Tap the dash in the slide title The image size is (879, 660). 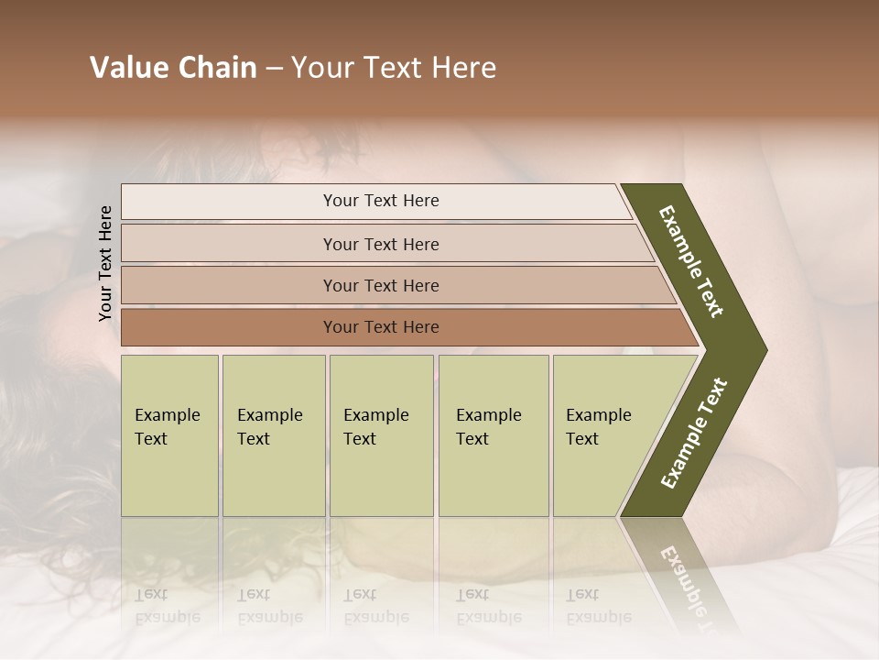(x=274, y=69)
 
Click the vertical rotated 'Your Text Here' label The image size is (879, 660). (x=105, y=263)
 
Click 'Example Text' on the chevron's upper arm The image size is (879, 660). (x=691, y=261)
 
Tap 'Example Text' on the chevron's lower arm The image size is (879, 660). (x=694, y=433)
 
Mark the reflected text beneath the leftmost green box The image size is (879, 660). (x=167, y=606)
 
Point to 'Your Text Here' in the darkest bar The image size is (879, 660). (x=381, y=327)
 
